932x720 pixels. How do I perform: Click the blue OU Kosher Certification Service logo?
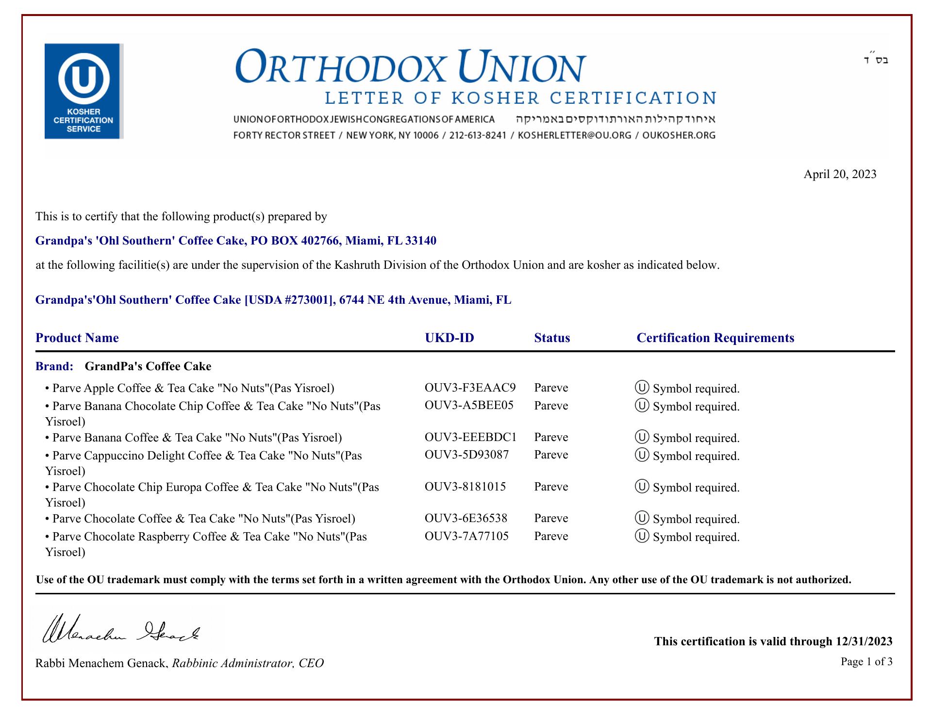(83, 91)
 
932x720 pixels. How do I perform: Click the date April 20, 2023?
(840, 174)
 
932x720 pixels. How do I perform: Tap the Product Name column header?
(77, 338)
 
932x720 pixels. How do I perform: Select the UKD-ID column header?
(449, 338)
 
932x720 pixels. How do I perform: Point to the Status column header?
(552, 338)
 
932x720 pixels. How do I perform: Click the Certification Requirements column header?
(715, 338)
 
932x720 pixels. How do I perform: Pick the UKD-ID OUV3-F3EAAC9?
(470, 388)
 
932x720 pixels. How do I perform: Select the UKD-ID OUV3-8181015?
(465, 487)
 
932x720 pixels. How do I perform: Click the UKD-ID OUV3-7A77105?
(466, 536)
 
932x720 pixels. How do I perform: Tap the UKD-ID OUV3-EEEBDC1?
(470, 437)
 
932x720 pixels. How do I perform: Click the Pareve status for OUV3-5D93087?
(551, 455)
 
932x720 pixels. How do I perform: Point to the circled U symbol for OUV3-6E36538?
(642, 518)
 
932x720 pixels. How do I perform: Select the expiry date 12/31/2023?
(864, 641)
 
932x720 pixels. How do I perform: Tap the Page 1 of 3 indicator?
(866, 662)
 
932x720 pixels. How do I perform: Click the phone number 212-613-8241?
(478, 135)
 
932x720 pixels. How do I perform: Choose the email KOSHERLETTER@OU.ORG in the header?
(575, 135)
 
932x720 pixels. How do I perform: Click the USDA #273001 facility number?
(290, 300)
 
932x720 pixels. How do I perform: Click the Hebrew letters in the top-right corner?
(876, 60)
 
